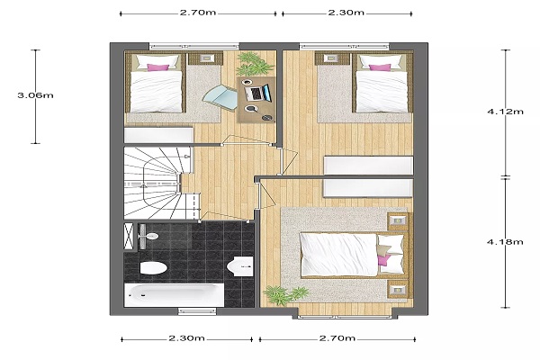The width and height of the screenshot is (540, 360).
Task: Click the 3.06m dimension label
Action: (35, 95)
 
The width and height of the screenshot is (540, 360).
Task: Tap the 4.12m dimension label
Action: (505, 112)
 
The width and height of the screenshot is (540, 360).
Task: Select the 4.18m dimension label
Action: (505, 242)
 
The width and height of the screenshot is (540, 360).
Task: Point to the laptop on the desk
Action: (257, 93)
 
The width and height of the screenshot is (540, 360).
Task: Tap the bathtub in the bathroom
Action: (174, 295)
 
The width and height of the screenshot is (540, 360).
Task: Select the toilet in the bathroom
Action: (154, 268)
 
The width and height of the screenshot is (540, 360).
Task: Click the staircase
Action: (157, 183)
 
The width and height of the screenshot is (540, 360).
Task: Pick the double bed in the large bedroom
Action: (354, 256)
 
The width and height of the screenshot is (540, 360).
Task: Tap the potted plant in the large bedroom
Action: (285, 295)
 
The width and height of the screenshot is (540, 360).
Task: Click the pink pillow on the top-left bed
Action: (158, 67)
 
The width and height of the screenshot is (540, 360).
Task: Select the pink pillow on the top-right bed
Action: (380, 67)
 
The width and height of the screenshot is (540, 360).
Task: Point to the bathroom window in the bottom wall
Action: (197, 311)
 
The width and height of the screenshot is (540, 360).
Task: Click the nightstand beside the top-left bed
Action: (205, 58)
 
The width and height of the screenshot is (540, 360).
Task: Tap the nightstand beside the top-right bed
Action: (332, 58)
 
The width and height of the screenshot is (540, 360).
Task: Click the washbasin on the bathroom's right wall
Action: (240, 266)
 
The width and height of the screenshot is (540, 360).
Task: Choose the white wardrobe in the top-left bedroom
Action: (158, 135)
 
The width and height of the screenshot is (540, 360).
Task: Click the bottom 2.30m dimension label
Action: (186, 338)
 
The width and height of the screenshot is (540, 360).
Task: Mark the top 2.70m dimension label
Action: (198, 13)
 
